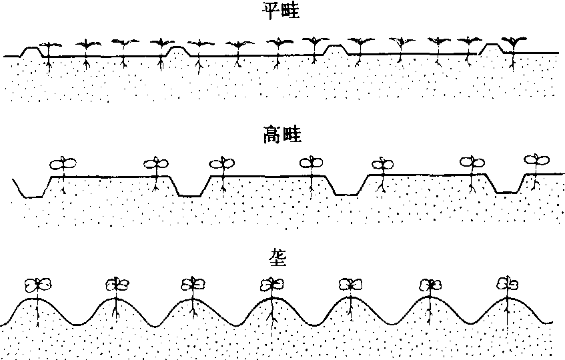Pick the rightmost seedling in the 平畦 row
[x=512, y=44]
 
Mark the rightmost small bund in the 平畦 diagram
[x=492, y=47]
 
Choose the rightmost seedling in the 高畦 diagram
[x=534, y=161]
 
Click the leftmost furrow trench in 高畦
[x=29, y=192]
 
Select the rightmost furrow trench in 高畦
[x=508, y=189]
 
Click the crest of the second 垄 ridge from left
[x=115, y=301]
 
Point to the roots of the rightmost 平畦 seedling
[x=512, y=63]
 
